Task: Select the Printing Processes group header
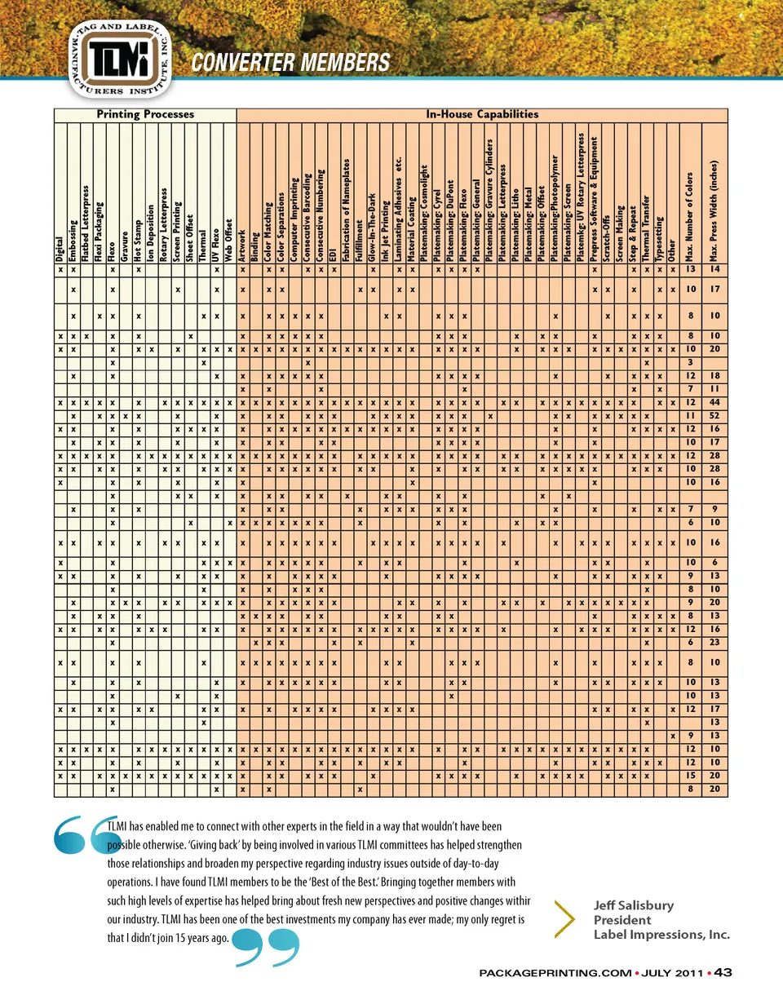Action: [x=145, y=114]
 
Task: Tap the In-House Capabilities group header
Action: [x=482, y=114]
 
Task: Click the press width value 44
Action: [x=714, y=403]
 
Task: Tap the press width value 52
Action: [x=714, y=415]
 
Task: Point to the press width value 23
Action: [x=714, y=643]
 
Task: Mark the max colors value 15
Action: [x=690, y=776]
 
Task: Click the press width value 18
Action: [x=714, y=377]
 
